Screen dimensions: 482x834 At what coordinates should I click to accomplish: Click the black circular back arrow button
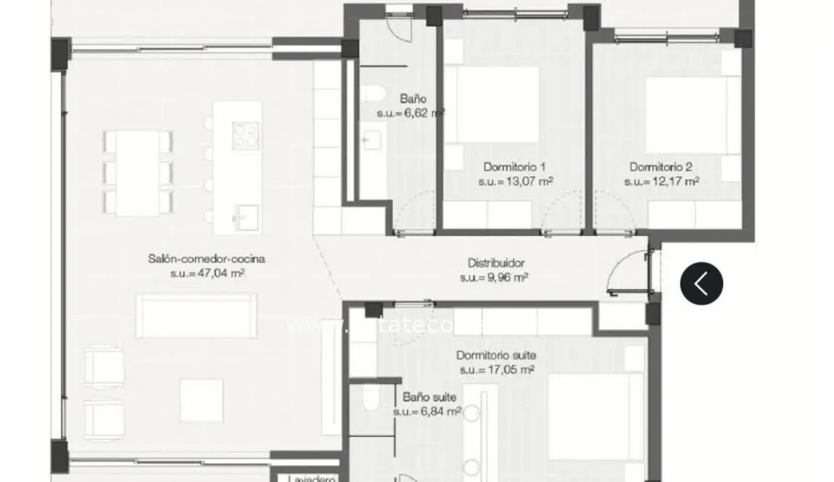[x=701, y=284]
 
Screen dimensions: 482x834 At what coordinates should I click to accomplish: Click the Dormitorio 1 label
[x=515, y=166]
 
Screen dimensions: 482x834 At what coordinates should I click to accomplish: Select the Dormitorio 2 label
[x=661, y=166]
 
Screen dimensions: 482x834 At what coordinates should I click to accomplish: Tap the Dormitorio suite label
[x=496, y=355]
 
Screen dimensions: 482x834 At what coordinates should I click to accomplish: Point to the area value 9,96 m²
[x=494, y=278]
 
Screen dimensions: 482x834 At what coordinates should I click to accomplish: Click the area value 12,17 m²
[x=661, y=180]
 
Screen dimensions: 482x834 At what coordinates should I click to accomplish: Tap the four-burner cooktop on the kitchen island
[x=245, y=135]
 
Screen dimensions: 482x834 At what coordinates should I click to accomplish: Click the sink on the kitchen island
[x=246, y=216]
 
